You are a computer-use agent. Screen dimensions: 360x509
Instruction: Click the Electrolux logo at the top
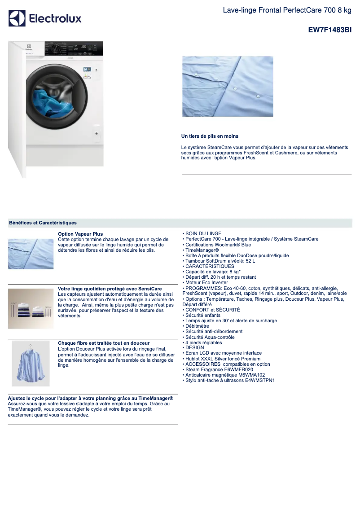pyautogui.click(x=45, y=18)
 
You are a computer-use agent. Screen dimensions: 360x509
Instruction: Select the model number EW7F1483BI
pyautogui.click(x=329, y=30)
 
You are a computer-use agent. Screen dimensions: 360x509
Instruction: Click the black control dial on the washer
pyautogui.click(x=54, y=48)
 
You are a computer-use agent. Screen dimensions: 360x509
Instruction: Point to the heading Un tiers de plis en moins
pyautogui.click(x=210, y=136)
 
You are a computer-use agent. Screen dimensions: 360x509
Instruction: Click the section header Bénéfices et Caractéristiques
pyautogui.click(x=43, y=223)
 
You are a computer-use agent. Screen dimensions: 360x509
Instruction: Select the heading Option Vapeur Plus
pyautogui.click(x=80, y=234)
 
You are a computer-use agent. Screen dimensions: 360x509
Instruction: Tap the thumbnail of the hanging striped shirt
pyautogui.click(x=31, y=363)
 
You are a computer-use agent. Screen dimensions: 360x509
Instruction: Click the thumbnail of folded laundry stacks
pyautogui.click(x=31, y=309)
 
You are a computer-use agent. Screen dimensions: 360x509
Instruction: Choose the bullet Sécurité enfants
pyautogui.click(x=203, y=316)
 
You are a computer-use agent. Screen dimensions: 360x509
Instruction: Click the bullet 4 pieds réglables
pyautogui.click(x=203, y=342)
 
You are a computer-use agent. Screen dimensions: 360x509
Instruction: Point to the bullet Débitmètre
pyautogui.click(x=197, y=326)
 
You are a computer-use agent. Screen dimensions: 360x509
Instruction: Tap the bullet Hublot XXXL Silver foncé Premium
pyautogui.click(x=223, y=359)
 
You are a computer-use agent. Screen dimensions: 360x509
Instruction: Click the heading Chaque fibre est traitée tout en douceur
pyautogui.click(x=104, y=343)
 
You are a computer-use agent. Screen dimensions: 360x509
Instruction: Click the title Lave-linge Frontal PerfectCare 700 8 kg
pyautogui.click(x=287, y=10)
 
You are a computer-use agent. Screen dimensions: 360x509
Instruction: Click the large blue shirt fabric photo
pyautogui.click(x=228, y=86)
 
